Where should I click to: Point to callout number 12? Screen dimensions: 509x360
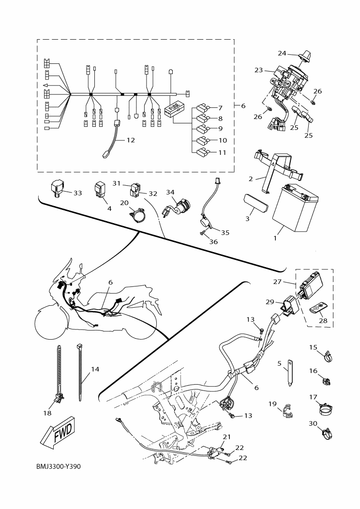(131, 140)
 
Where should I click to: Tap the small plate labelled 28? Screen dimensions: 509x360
(318, 307)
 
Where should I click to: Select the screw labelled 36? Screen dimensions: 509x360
(200, 235)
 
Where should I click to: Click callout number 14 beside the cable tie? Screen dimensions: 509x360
(95, 369)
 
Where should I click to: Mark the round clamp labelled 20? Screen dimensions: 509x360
(138, 215)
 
